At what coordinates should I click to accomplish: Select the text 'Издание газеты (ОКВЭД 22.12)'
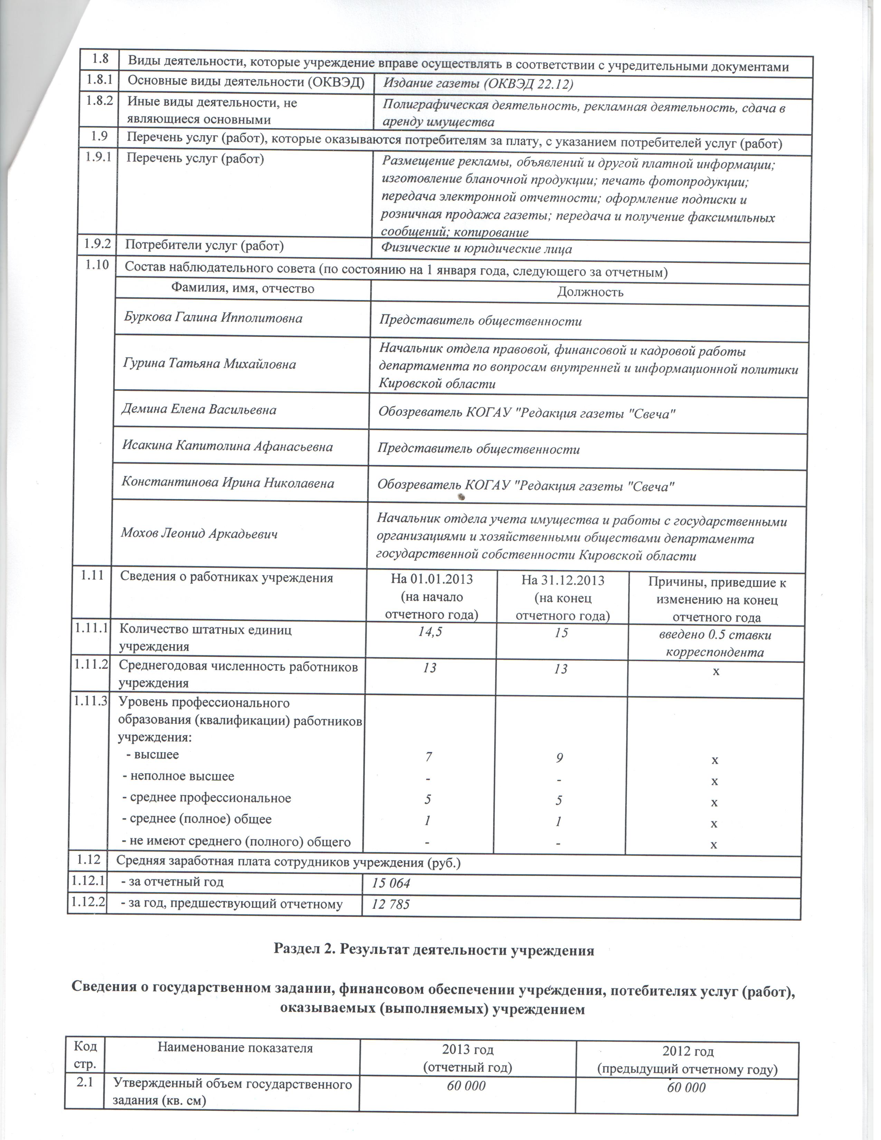478,84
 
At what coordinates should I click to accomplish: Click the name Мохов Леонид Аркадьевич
199,533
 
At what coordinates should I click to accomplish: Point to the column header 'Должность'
590,292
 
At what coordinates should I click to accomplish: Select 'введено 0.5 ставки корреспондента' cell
715,643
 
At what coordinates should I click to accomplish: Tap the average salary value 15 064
391,883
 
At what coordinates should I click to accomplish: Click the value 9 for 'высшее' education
560,757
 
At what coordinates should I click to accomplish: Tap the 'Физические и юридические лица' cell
476,249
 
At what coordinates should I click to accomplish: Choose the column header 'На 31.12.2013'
562,580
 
